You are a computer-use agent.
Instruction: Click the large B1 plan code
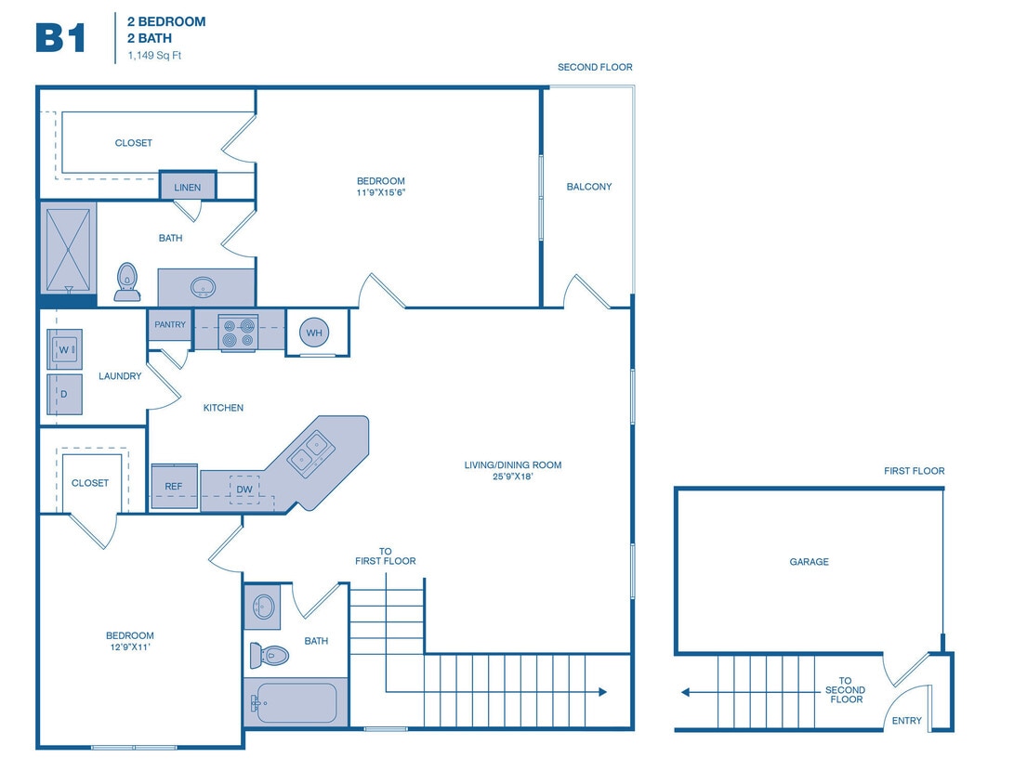(61, 38)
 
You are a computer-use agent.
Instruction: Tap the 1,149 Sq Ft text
(156, 56)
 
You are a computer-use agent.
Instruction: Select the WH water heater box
(314, 333)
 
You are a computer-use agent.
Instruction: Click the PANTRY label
(170, 324)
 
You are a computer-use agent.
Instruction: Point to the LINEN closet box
(187, 187)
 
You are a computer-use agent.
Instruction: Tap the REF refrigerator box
(174, 486)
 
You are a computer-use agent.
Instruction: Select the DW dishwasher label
(244, 489)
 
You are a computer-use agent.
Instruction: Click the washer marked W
(65, 350)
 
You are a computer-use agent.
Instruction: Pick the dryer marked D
(65, 394)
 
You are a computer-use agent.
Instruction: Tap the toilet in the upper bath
(127, 281)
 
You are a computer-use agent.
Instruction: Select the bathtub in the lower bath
(295, 703)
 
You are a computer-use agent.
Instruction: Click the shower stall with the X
(69, 248)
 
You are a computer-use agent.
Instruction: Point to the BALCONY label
(589, 187)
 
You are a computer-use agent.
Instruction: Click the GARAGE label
(809, 562)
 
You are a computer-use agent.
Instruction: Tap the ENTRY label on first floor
(906, 721)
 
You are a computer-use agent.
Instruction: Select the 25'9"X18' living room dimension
(513, 477)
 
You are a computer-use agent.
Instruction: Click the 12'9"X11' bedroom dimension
(129, 648)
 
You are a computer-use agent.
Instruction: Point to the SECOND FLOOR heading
(595, 68)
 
